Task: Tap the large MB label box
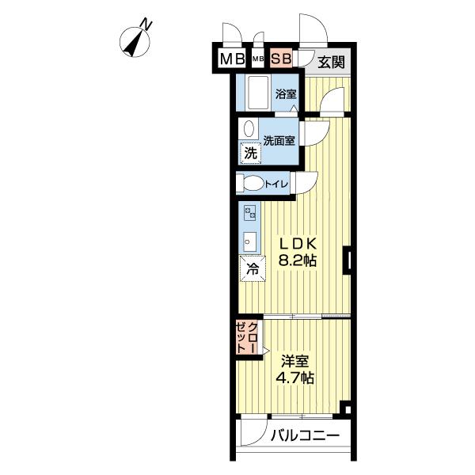coord(231,59)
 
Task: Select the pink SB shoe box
coord(281,59)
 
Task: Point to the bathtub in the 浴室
coord(257,93)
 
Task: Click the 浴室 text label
coord(286,94)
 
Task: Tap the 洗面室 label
coord(279,141)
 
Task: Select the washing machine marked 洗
coord(250,154)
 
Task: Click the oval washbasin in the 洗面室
coord(249,129)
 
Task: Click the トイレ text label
coord(276,184)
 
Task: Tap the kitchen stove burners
coord(249,212)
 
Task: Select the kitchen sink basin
coord(249,240)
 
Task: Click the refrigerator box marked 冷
coord(253,269)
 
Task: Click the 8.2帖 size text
coord(297,260)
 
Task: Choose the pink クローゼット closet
coord(247,338)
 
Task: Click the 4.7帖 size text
coord(295,378)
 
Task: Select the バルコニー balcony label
coord(305,435)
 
